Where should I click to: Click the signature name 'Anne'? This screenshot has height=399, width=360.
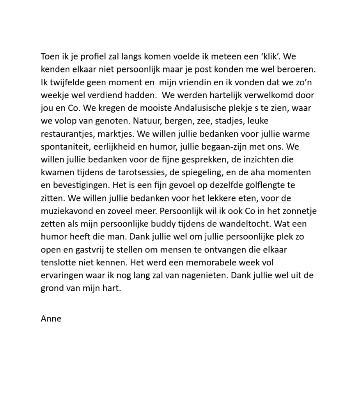pos(51,319)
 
